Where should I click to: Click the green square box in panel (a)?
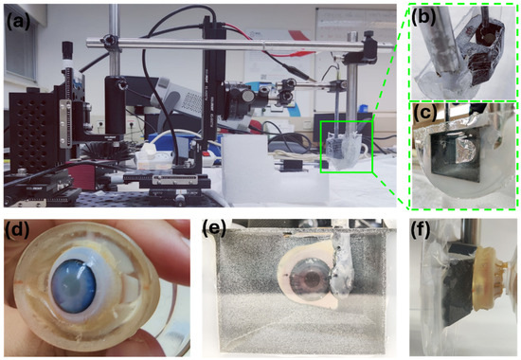pos(346,146)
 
